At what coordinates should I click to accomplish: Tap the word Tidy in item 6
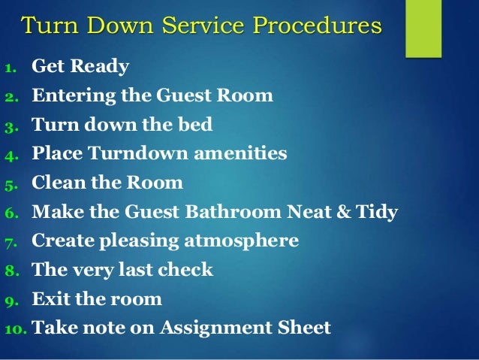click(x=379, y=213)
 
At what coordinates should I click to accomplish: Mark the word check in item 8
click(x=187, y=270)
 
